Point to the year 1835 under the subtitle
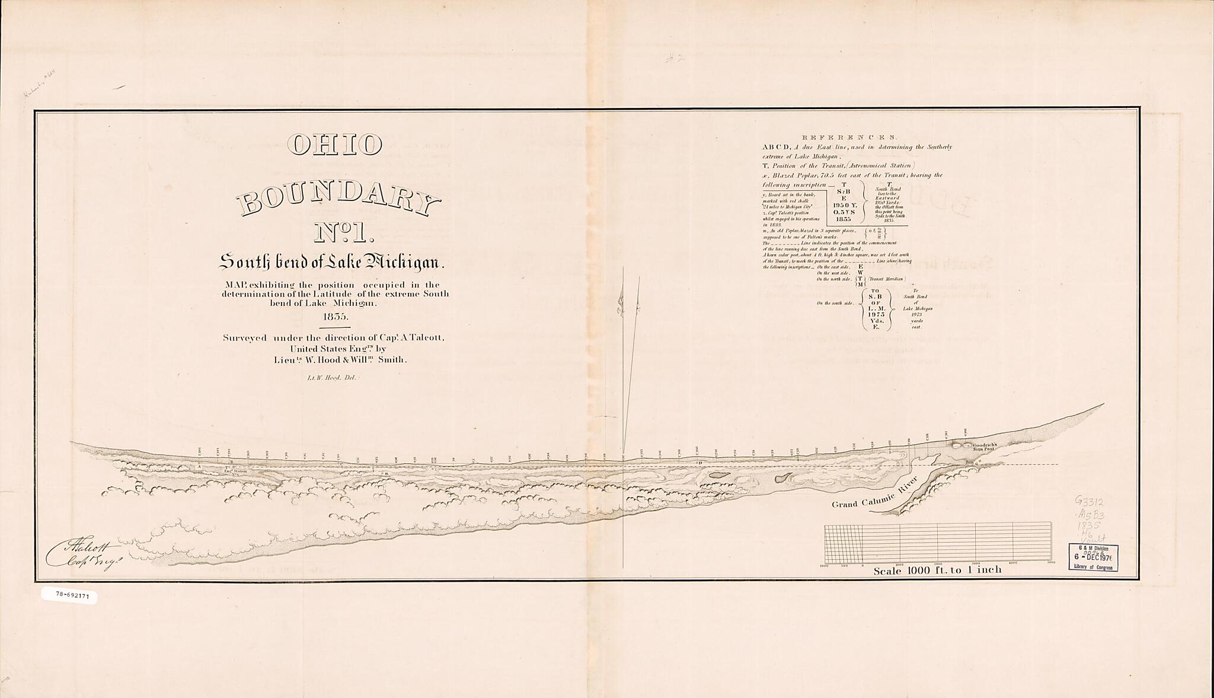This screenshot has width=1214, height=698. (336, 316)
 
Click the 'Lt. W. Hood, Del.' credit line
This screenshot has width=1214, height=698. (336, 377)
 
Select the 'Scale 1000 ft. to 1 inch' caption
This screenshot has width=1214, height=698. (938, 570)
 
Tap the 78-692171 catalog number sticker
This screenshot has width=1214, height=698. (69, 595)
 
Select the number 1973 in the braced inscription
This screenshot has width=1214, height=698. (874, 314)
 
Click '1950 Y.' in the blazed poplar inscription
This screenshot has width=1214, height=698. (844, 205)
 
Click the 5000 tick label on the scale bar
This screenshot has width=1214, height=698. (1050, 563)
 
